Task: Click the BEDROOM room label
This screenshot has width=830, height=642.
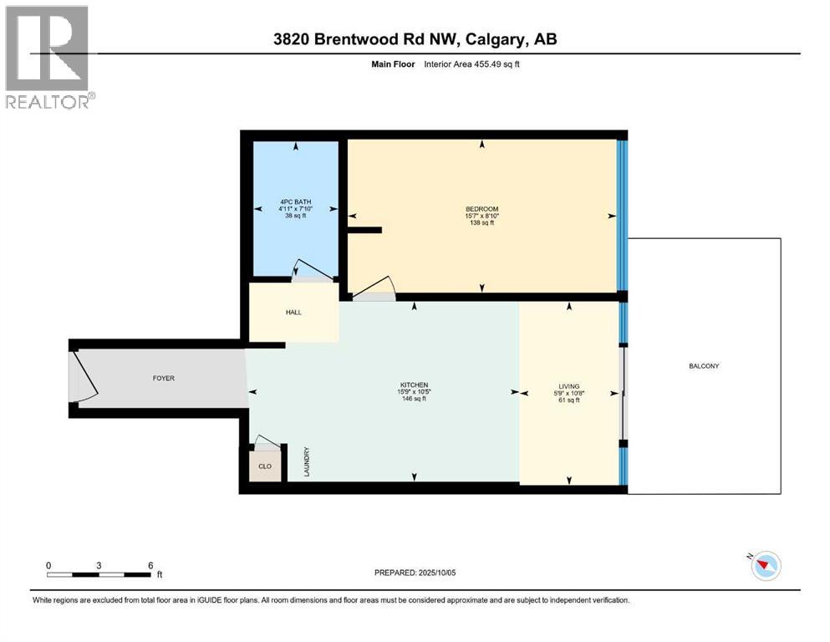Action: [x=481, y=209]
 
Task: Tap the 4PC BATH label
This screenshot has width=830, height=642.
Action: [x=295, y=201]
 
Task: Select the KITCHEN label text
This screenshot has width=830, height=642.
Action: [x=414, y=385]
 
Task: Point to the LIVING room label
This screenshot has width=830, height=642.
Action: [x=568, y=386]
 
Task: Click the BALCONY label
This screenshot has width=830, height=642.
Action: [x=704, y=366]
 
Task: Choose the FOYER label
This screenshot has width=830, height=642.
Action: [x=163, y=377]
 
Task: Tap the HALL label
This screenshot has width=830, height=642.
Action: [x=293, y=313]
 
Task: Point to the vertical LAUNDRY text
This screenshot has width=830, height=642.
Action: [x=307, y=462]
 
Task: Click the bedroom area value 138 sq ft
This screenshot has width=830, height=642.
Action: [x=481, y=223]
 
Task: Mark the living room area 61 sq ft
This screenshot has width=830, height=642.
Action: [x=568, y=400]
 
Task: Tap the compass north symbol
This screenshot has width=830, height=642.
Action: [x=764, y=566]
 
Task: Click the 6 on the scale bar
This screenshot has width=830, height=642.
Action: [x=150, y=565]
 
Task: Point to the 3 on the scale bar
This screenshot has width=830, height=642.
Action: [x=99, y=565]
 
